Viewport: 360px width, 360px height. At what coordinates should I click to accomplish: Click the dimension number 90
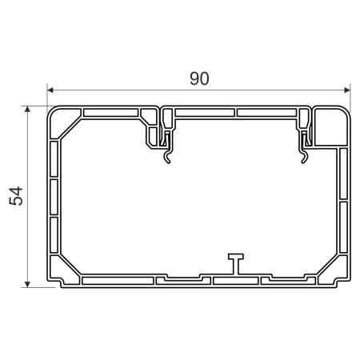[198, 78]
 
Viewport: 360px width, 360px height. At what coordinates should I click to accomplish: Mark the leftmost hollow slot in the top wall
[112, 111]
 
